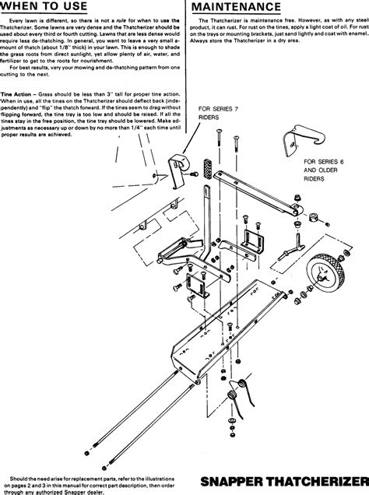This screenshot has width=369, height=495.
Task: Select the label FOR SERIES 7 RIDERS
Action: (220, 114)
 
